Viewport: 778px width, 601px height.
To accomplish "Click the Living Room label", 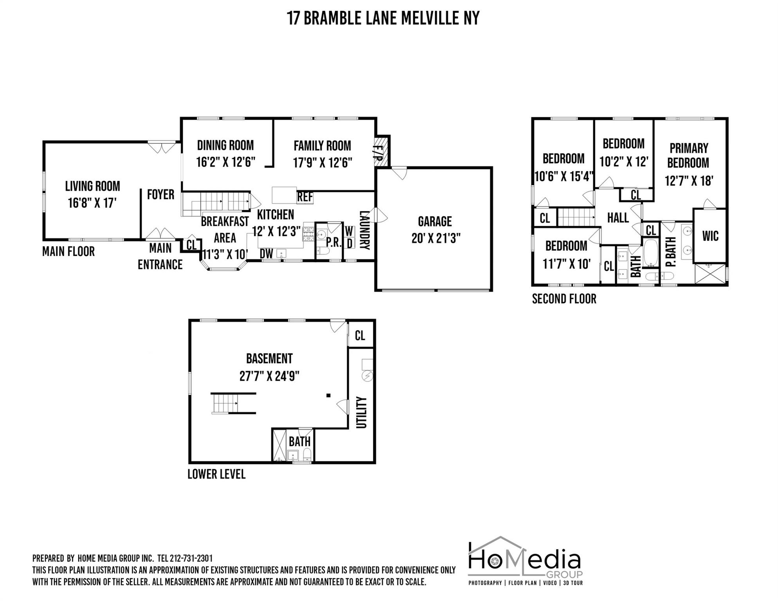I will [92, 186].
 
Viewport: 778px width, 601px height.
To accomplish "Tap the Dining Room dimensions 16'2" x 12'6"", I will [225, 162].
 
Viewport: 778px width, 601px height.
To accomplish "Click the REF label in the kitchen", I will [305, 197].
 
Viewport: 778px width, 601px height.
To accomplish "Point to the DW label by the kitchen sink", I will [267, 254].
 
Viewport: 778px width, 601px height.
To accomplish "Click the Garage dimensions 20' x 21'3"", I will [436, 238].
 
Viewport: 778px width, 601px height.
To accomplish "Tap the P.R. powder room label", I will [333, 243].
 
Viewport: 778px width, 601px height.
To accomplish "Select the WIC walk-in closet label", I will [710, 236].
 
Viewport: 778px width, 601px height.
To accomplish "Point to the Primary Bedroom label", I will [688, 155].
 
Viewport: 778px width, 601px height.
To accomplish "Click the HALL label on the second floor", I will [618, 218].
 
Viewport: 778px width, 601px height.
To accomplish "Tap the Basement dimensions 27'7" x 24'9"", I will [269, 376].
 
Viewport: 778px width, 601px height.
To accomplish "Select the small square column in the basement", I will [329, 396].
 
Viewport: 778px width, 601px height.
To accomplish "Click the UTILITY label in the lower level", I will [361, 412].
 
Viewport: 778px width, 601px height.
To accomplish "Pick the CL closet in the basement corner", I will [360, 335].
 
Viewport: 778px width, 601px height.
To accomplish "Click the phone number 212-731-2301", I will [191, 558].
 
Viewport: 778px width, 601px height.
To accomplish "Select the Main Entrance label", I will [160, 256].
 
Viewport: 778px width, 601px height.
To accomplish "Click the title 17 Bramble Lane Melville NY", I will [384, 18].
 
